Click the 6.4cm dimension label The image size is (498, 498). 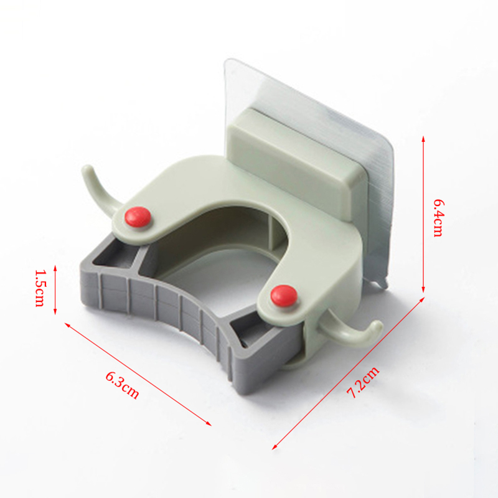click(438, 218)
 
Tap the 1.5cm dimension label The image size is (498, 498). click(39, 288)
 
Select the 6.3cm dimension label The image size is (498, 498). click(122, 385)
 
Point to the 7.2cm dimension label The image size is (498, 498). click(363, 382)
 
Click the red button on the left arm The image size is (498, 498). click(138, 217)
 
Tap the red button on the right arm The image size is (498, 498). click(284, 296)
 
